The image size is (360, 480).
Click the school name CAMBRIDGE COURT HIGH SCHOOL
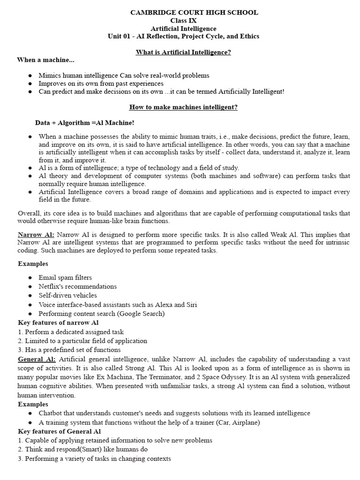[194, 13]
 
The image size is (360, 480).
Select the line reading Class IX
[183, 21]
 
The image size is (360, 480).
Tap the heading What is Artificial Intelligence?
[183, 52]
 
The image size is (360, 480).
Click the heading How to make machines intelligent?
[183, 107]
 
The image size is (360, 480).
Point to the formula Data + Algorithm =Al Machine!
[85, 123]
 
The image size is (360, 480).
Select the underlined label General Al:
[37, 359]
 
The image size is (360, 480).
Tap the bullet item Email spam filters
[65, 277]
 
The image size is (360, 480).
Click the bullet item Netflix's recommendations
[78, 286]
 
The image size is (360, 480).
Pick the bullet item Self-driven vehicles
[67, 295]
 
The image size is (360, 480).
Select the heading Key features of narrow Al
[58, 322]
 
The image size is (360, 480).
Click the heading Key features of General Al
[60, 431]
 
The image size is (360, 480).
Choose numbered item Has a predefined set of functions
[69, 350]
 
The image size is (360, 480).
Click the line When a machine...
[45, 60]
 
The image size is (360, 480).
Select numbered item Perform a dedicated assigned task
[71, 332]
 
